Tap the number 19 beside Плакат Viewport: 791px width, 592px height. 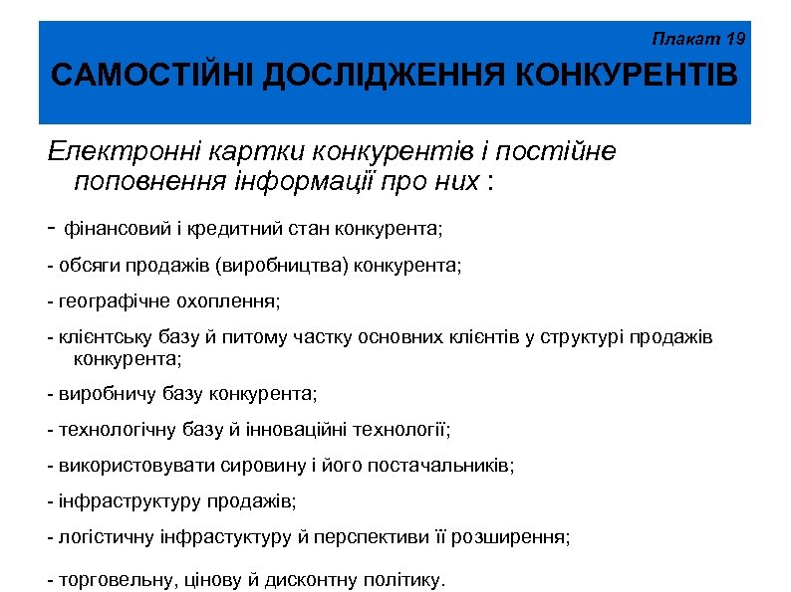pos(735,40)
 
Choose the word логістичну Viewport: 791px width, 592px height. pos(107,537)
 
